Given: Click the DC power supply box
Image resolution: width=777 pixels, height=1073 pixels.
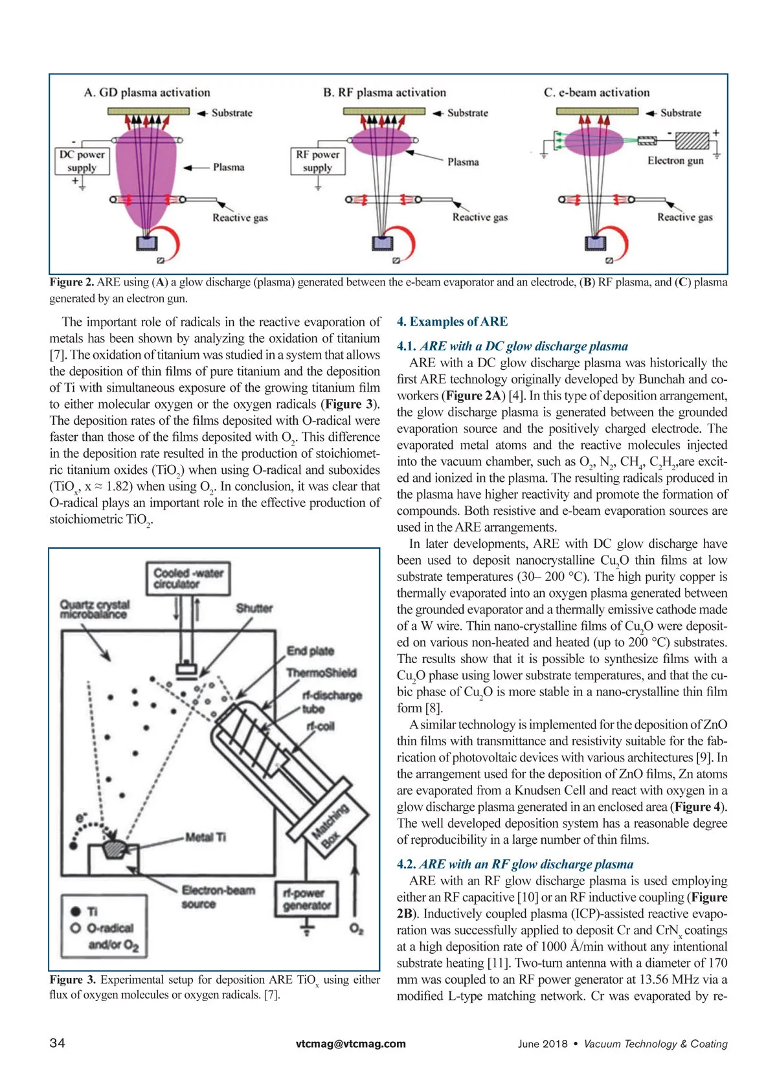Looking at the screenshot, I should (82, 161).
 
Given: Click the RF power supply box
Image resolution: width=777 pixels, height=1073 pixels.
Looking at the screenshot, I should (317, 161).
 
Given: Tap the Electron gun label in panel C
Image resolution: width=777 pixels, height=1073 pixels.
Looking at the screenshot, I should (675, 161).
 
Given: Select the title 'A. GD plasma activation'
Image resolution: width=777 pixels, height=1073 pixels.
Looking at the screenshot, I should (147, 93).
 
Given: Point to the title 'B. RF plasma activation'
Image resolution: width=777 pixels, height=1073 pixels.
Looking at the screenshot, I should (385, 93).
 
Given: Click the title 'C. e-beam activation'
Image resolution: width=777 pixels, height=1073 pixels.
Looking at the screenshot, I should (596, 93).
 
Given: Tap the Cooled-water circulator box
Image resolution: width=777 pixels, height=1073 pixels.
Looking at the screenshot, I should (188, 578).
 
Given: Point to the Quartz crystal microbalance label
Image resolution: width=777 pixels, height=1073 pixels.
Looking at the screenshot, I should (95, 609).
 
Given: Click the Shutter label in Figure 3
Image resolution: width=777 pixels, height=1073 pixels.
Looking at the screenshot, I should (254, 608).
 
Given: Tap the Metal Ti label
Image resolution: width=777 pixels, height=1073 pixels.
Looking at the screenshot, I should (205, 837).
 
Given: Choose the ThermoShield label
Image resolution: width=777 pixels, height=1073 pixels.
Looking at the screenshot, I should (321, 673).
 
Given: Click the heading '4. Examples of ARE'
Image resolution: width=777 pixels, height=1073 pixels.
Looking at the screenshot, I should (452, 322).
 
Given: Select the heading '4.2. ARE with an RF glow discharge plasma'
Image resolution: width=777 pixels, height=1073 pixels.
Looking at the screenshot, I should (515, 864).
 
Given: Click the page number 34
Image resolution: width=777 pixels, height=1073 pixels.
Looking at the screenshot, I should (57, 1043).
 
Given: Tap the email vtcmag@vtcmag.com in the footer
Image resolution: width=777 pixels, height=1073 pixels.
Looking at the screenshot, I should (350, 1044).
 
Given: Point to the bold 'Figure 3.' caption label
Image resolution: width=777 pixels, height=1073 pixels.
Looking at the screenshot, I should (73, 980).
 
